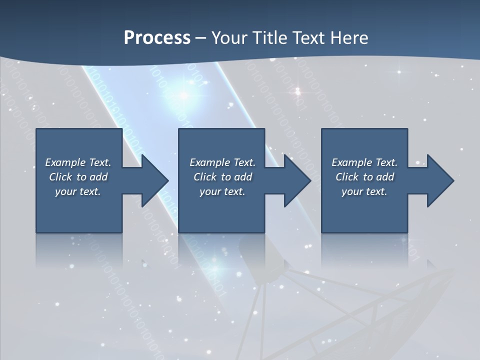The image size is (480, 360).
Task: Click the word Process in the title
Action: point(157,38)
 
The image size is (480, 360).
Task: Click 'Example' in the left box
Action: point(65,162)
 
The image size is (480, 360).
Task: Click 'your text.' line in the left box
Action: point(78,191)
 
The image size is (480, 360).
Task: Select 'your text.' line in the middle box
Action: point(222,191)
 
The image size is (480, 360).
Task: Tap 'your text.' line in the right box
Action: point(364,191)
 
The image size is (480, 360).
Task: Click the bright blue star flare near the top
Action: point(183,94)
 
